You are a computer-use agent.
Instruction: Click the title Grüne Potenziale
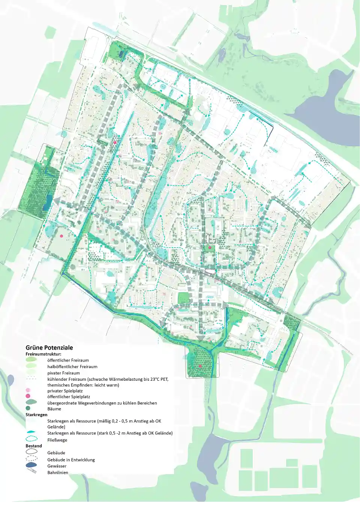coord(49,348)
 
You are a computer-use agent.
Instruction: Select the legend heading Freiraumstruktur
coord(43,354)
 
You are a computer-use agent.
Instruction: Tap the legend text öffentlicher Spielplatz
coord(69,396)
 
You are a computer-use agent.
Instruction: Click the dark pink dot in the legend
coord(28,396)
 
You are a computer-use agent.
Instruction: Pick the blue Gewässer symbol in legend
coord(31,465)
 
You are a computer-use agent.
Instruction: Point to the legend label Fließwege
coord(57,440)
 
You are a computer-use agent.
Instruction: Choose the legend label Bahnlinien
coord(58,473)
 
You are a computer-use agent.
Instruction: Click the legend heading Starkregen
coord(36,415)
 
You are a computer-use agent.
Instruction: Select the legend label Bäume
coord(54,409)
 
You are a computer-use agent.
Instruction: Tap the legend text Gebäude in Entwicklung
coord(71,460)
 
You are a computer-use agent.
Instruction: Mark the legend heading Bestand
coord(34,446)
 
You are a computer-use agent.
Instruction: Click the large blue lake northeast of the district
coord(322,105)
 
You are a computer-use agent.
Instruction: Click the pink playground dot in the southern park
coord(200,366)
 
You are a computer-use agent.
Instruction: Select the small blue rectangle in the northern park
coord(120,54)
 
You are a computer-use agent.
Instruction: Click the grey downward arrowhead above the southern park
coord(201,338)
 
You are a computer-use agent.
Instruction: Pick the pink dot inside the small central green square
coord(210,248)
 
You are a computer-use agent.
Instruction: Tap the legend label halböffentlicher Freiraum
coord(72,367)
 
